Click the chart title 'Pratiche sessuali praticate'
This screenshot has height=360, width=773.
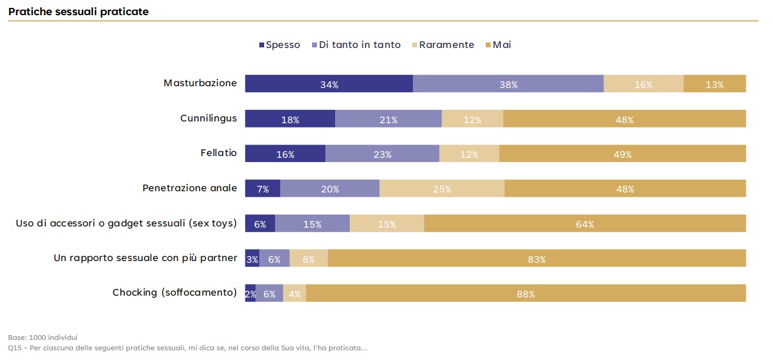78,12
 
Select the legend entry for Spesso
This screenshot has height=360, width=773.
279,45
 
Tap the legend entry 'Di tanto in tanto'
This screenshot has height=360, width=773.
356,45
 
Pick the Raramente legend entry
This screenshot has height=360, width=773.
443,45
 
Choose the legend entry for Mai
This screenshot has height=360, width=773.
499,45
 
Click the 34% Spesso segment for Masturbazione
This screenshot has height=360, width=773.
329,84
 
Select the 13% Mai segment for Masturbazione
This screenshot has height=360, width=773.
714,84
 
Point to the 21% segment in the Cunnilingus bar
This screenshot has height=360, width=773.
388,119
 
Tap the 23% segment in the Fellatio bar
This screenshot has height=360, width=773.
382,154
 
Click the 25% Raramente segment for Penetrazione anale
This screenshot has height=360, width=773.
441,189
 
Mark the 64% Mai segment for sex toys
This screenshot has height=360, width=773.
584,223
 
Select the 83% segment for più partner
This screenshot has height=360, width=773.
536,259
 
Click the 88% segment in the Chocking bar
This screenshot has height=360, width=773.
525,293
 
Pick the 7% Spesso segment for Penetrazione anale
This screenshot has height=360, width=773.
262,189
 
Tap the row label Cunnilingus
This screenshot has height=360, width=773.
208,118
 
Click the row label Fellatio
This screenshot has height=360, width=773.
219,153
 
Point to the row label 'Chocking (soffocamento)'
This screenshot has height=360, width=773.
174,293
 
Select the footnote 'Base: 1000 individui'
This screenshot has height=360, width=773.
43,337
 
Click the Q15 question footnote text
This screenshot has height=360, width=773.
187,348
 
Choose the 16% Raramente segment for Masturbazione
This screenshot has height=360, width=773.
643,84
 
